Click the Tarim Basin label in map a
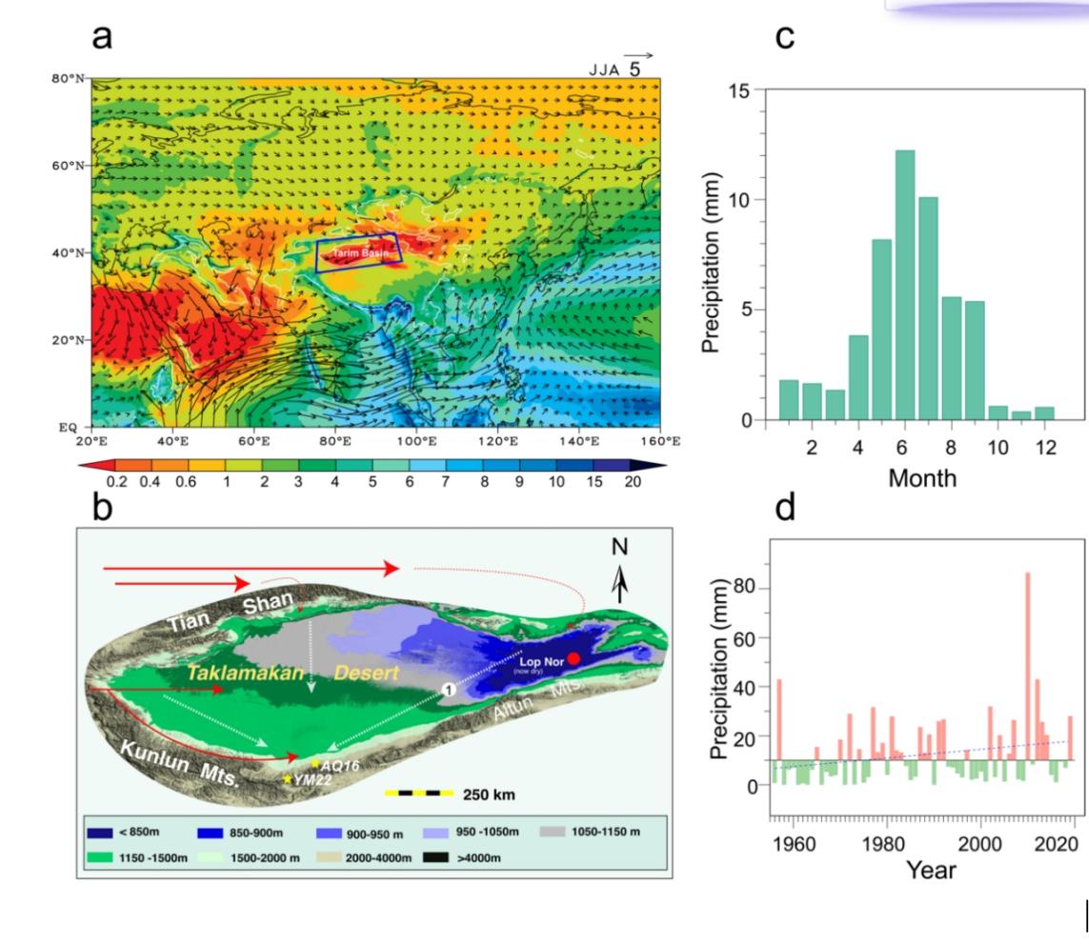pyautogui.click(x=358, y=253)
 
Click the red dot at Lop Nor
pyautogui.click(x=574, y=658)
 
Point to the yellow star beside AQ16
pyautogui.click(x=315, y=763)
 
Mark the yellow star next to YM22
pyautogui.click(x=288, y=779)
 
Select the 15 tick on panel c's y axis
pyautogui.click(x=739, y=91)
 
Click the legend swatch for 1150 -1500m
pyautogui.click(x=108, y=858)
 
